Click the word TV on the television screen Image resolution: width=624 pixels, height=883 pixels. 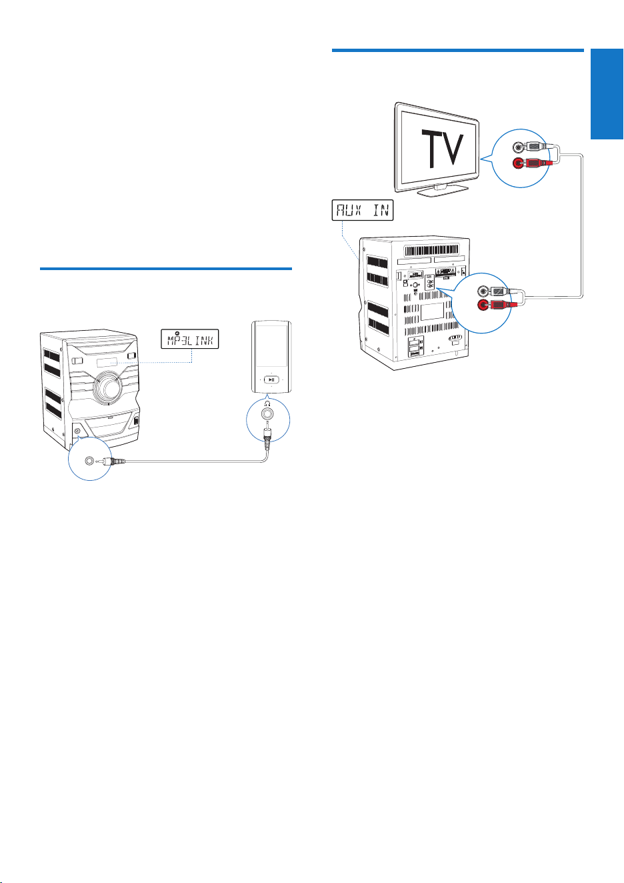(x=442, y=148)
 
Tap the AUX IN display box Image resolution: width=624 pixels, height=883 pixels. (x=363, y=210)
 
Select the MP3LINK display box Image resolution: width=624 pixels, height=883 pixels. (x=189, y=339)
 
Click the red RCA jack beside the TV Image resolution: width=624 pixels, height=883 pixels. (x=519, y=163)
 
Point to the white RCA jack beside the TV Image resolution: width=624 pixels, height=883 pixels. (x=519, y=147)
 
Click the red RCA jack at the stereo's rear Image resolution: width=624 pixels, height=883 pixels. (x=483, y=305)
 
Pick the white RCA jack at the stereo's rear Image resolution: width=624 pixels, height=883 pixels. (x=483, y=291)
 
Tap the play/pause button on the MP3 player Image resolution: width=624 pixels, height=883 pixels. (x=271, y=379)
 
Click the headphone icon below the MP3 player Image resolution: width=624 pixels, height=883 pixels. (x=268, y=403)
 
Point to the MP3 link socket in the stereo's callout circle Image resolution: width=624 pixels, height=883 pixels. (x=90, y=460)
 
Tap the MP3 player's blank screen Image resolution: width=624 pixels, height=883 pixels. (x=271, y=345)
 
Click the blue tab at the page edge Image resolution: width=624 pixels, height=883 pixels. (x=607, y=94)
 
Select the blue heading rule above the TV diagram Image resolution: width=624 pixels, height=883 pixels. (x=458, y=51)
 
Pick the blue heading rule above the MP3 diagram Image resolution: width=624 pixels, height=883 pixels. (x=166, y=269)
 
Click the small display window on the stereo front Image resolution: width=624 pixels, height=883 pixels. (x=107, y=362)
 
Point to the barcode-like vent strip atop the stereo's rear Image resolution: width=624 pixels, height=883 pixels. (x=431, y=251)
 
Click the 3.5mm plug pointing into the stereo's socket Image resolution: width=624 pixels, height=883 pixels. (x=112, y=460)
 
